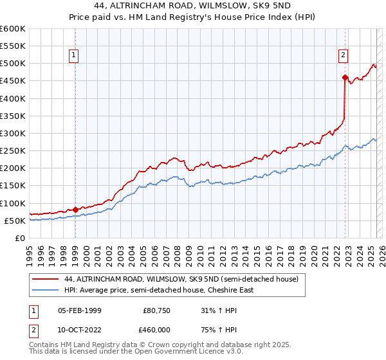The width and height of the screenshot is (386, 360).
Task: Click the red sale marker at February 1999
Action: coord(75,210)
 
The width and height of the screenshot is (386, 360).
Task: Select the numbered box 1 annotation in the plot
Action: coord(75,56)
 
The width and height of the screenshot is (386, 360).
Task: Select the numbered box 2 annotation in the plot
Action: coord(344,56)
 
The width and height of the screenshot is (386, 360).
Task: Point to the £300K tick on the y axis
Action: coord(13,133)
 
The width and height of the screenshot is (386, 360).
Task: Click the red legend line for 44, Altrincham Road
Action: coord(46,280)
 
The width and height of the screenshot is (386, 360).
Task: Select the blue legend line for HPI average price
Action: coord(46,290)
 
